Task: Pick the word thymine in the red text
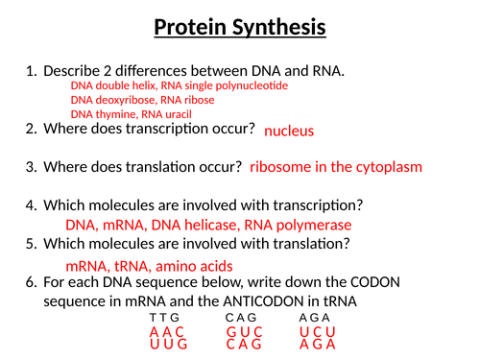click(118, 113)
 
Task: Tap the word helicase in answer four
click(216, 226)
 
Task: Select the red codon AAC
click(167, 331)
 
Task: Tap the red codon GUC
click(244, 331)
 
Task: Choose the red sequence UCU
click(318, 331)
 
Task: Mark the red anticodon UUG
click(168, 343)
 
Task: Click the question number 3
click(32, 167)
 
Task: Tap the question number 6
click(32, 283)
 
